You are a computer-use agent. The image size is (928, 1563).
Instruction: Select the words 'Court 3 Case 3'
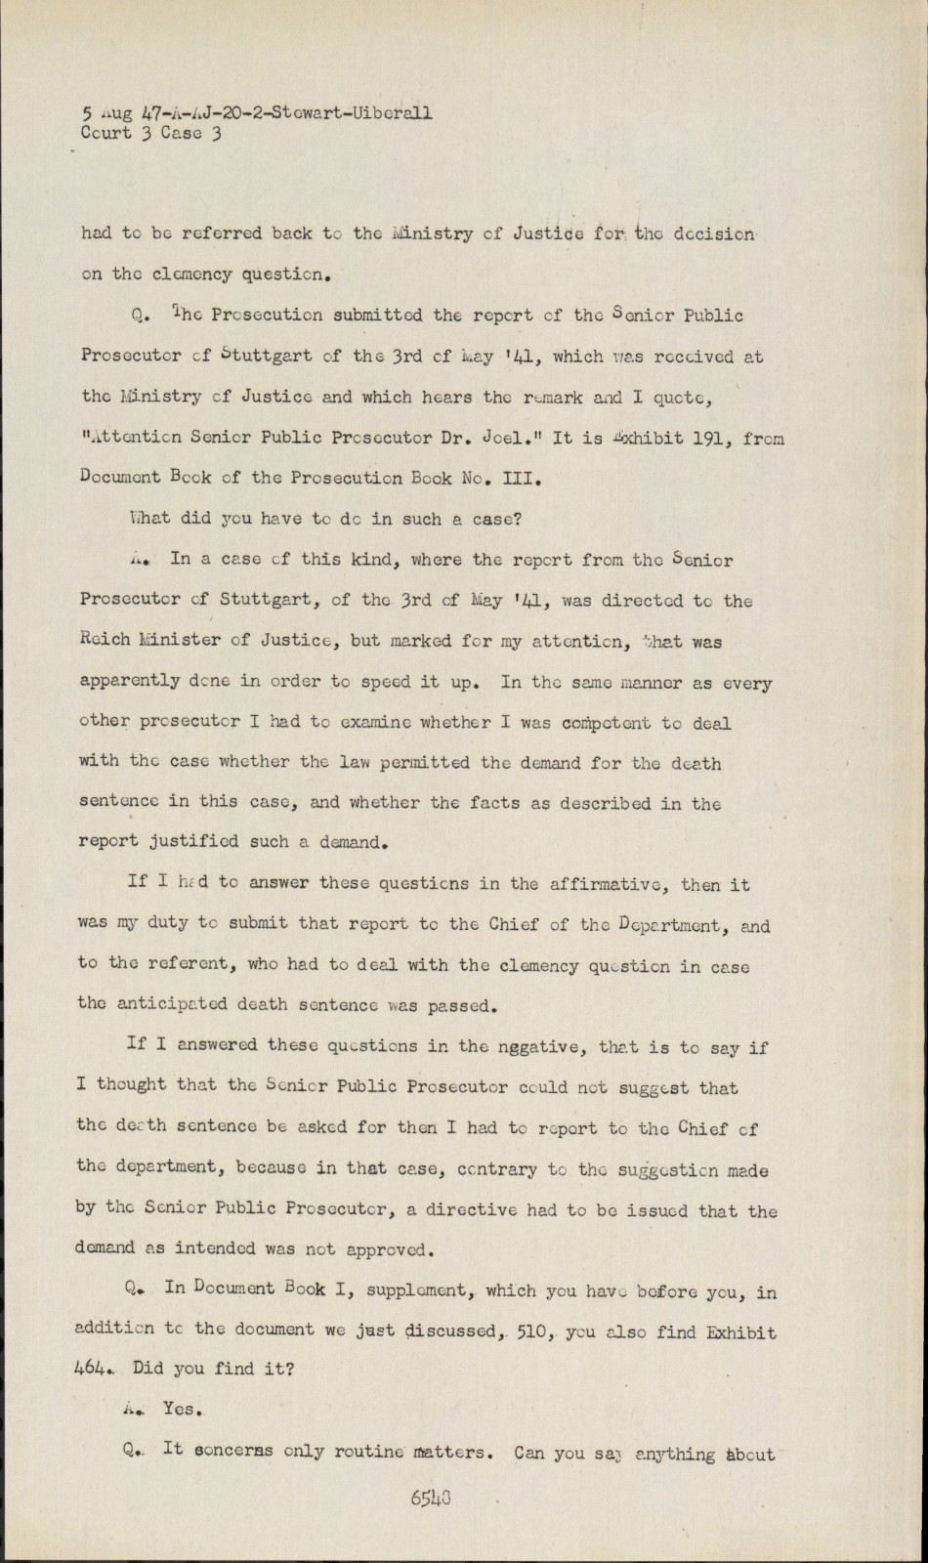(x=151, y=134)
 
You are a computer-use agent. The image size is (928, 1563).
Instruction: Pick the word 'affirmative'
(x=606, y=884)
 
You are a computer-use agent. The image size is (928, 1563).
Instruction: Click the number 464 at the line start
(x=94, y=1369)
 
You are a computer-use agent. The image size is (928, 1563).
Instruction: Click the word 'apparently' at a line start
(x=130, y=682)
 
